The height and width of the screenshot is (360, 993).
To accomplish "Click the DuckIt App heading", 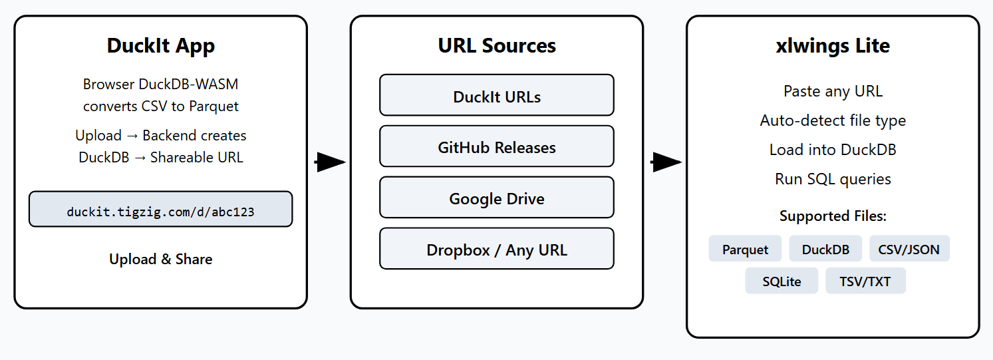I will click(160, 46).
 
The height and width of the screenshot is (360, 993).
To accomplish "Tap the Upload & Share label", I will click(160, 259).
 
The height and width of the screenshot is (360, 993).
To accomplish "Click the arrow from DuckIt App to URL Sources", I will click(330, 162).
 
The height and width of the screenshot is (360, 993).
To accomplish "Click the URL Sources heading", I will click(496, 46).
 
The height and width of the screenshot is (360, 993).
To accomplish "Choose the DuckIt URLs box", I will click(496, 96).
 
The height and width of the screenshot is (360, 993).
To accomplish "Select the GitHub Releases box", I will click(496, 147).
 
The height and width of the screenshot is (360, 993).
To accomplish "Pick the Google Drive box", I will click(496, 198).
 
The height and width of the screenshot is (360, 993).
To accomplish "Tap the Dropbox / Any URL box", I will click(496, 250).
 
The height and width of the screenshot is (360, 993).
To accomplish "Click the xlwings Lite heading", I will click(833, 46).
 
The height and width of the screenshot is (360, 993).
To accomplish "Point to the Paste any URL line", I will click(833, 91).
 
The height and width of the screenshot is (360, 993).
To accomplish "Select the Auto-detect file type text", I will click(833, 120).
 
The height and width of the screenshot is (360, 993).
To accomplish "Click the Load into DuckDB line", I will click(833, 150).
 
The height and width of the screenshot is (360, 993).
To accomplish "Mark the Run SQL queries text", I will click(833, 179).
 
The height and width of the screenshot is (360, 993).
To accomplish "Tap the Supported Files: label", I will click(833, 216).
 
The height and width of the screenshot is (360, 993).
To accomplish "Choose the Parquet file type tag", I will click(745, 249).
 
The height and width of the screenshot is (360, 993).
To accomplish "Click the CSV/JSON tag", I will click(909, 249).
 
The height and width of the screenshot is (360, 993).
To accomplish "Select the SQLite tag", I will click(781, 281).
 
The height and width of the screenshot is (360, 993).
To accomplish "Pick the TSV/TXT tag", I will click(865, 281).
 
